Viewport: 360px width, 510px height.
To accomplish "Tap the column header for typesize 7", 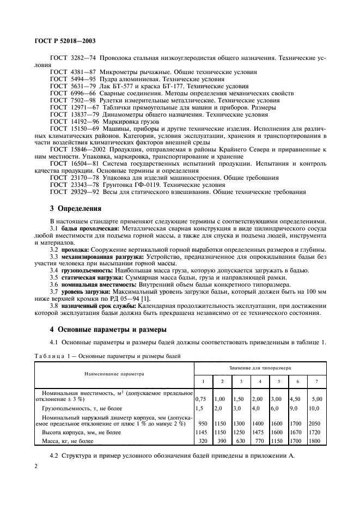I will [316, 381].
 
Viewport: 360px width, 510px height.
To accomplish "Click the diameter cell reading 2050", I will [316, 423].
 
